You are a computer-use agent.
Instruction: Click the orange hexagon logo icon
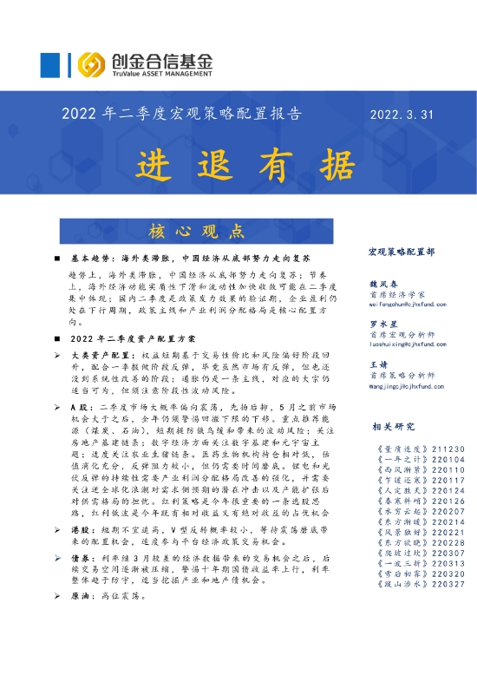(x=93, y=64)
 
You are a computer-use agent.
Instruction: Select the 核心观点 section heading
(x=195, y=231)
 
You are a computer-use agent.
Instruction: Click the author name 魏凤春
(x=382, y=284)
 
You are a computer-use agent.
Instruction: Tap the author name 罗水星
(x=382, y=324)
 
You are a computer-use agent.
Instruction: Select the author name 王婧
(x=378, y=364)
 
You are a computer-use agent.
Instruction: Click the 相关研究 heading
(x=389, y=426)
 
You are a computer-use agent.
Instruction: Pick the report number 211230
(x=438, y=450)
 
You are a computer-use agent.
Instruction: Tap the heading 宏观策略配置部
(x=402, y=252)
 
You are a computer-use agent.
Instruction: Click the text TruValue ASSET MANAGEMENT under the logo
(x=160, y=75)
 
